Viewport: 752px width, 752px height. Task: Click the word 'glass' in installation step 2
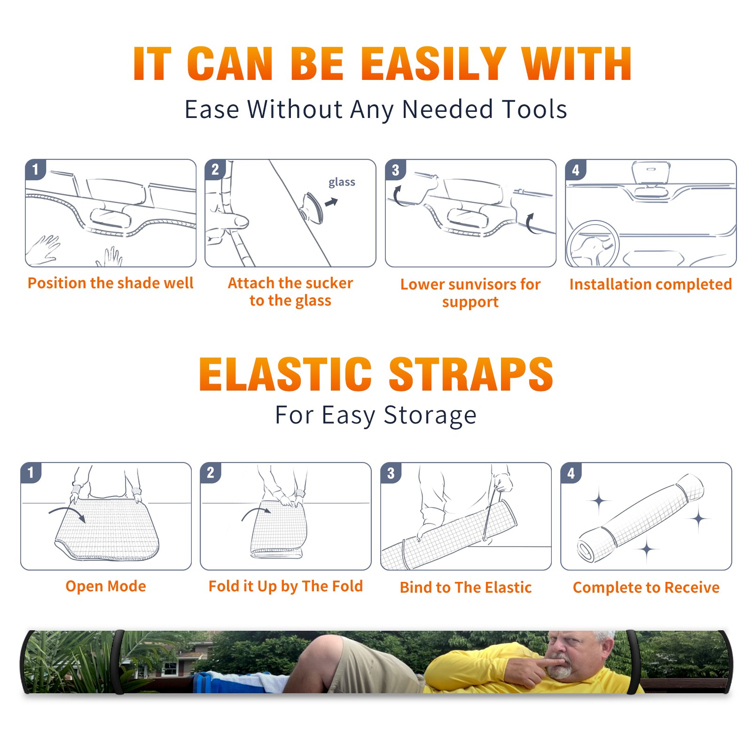(342, 182)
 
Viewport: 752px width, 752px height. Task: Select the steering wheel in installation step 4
(593, 244)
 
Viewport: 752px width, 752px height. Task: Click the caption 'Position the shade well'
(110, 283)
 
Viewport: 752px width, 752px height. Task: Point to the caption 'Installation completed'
(650, 284)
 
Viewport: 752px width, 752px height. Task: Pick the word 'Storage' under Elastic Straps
(430, 415)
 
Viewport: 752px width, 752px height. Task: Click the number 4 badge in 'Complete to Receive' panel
(571, 473)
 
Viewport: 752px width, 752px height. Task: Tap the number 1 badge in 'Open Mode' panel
(31, 473)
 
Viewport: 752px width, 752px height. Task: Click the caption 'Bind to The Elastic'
(466, 587)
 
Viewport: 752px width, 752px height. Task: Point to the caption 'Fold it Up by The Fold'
(286, 587)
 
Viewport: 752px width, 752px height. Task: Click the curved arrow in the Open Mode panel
(67, 513)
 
